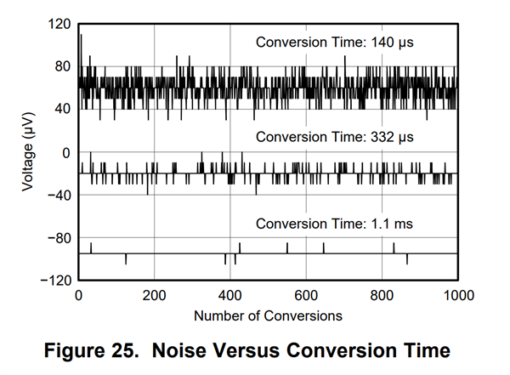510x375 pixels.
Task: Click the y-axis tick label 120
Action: (x=59, y=25)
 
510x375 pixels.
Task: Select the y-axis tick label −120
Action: (x=55, y=280)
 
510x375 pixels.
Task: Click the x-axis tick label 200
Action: (x=154, y=295)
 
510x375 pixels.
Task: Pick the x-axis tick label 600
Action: (x=306, y=295)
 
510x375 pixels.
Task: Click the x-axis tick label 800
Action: (x=382, y=295)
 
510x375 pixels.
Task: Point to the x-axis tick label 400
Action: (x=230, y=295)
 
